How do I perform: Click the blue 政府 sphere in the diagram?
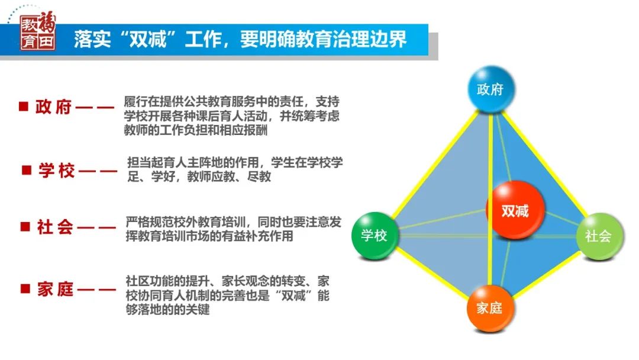pyautogui.click(x=490, y=89)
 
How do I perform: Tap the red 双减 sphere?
pyautogui.click(x=515, y=210)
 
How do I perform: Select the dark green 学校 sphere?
pyautogui.click(x=374, y=235)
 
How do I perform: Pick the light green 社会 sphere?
pyautogui.click(x=599, y=236)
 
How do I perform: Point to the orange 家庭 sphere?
pyautogui.click(x=489, y=308)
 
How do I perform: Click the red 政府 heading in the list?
pyautogui.click(x=53, y=107)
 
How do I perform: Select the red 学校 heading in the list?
pyautogui.click(x=57, y=170)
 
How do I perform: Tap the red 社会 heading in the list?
pyautogui.click(x=55, y=227)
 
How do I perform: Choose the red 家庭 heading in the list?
pyautogui.click(x=56, y=289)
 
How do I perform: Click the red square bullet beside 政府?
pyautogui.click(x=24, y=107)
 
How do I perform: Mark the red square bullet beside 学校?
pyautogui.click(x=27, y=169)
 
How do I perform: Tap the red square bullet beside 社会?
pyautogui.click(x=25, y=226)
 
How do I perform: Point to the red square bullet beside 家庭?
pyautogui.click(x=25, y=289)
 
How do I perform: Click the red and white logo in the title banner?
pyautogui.click(x=37, y=31)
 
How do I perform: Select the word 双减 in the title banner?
pyautogui.click(x=148, y=40)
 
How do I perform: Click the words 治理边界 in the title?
pyautogui.click(x=370, y=40)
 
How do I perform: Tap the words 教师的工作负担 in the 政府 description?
pyautogui.click(x=166, y=130)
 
